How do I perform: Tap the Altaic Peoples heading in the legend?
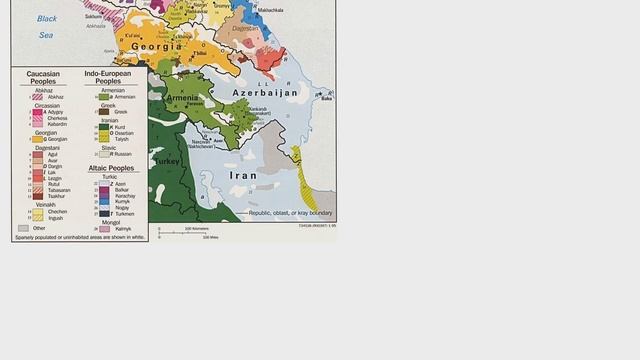point(111,168)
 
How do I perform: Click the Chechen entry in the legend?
point(56,211)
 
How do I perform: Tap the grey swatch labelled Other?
point(23,228)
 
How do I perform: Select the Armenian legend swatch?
point(103,97)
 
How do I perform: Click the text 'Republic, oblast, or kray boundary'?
point(290,213)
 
